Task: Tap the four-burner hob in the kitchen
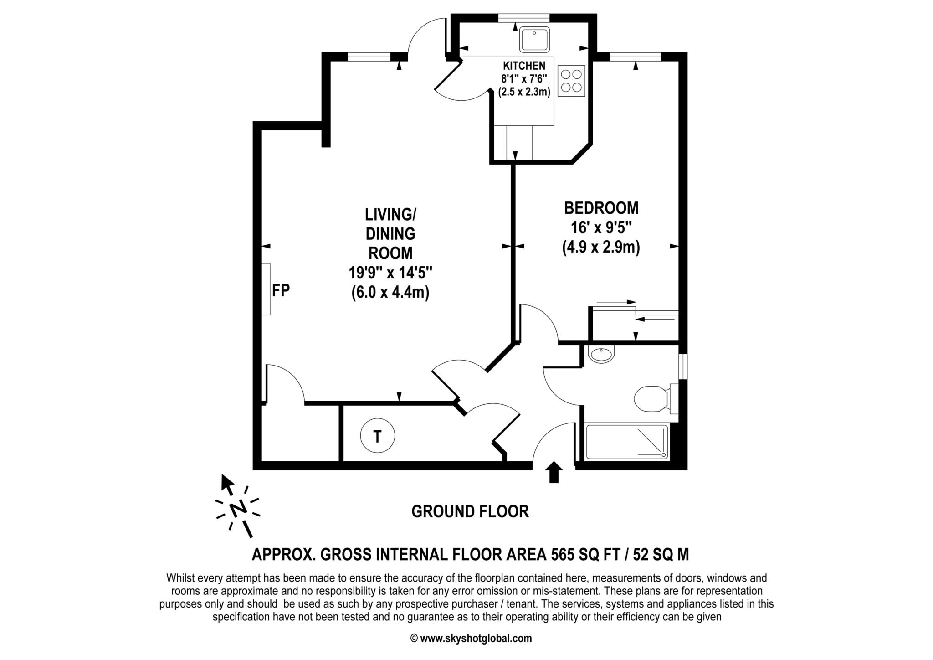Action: coord(571,81)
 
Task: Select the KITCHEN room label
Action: coord(524,66)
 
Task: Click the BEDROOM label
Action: coord(601,208)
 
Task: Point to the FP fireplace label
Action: coord(281,290)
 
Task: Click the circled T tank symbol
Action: coord(377,436)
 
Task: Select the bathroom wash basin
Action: coord(601,355)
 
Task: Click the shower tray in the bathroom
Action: coord(627,442)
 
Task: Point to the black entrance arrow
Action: coord(554,472)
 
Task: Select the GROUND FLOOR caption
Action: coord(470,511)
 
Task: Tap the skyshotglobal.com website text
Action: coord(476,638)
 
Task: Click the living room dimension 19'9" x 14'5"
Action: coord(390,273)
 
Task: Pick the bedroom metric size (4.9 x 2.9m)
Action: coord(601,247)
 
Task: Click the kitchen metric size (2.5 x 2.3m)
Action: coord(524,92)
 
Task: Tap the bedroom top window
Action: coord(635,57)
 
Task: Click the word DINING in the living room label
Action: coord(390,233)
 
